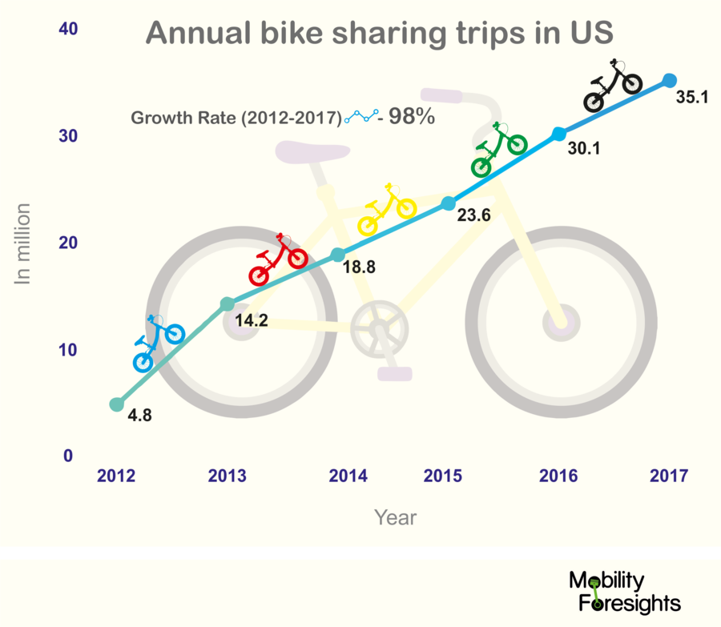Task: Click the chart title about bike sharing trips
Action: (380, 34)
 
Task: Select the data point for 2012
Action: (117, 404)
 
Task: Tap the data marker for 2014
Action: (338, 255)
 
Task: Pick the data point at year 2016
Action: (559, 133)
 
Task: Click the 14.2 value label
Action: (252, 321)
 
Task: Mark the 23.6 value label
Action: (473, 214)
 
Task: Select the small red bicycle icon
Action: (278, 261)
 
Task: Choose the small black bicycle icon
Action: (613, 86)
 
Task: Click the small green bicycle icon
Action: (498, 150)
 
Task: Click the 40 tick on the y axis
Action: (67, 29)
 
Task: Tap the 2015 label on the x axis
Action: (444, 476)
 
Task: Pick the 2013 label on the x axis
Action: (227, 476)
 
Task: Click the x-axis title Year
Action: (396, 517)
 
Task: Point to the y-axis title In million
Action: (23, 243)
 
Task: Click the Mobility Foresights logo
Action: (624, 592)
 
